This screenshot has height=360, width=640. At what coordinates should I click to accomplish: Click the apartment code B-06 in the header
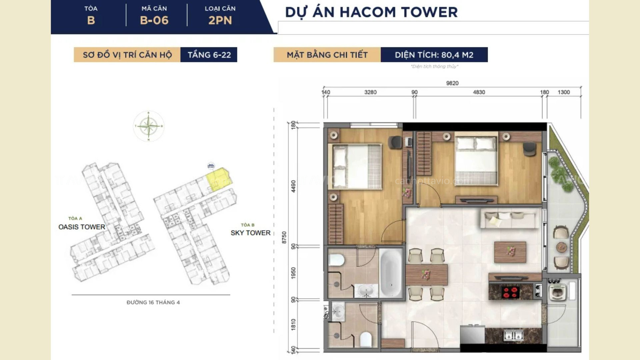click(154, 20)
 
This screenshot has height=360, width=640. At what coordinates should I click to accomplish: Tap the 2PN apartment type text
click(220, 20)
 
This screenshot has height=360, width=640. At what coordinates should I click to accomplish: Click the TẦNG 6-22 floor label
click(209, 55)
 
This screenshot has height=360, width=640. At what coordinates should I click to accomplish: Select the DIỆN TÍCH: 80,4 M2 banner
click(434, 55)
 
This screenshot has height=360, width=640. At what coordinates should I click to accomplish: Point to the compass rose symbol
click(149, 126)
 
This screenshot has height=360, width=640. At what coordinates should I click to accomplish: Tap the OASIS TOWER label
click(82, 227)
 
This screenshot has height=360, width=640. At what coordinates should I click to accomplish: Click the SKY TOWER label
click(250, 233)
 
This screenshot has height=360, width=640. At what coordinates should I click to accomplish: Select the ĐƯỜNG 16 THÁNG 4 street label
click(153, 302)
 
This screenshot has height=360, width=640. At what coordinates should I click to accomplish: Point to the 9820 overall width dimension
click(452, 83)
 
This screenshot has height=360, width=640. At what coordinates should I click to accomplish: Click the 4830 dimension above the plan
click(479, 92)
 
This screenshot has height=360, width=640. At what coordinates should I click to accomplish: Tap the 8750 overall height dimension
click(284, 237)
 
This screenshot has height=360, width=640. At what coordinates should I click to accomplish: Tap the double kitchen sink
click(514, 335)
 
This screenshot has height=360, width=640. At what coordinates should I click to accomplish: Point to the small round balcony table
click(561, 247)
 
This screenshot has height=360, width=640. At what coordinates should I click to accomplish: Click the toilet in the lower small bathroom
click(366, 339)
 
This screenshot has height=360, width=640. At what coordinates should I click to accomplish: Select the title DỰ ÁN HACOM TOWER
click(371, 12)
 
